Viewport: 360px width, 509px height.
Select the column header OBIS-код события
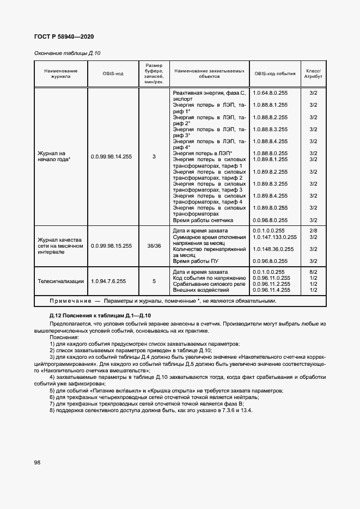click(274, 73)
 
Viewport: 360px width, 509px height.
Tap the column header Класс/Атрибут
click(313, 73)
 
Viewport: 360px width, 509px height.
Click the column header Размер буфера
click(154, 73)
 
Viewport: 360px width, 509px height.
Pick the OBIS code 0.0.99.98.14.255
click(111, 157)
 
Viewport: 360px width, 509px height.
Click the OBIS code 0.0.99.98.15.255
click(111, 246)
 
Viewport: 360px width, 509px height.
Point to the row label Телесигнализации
click(60, 281)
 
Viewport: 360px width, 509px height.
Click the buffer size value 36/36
click(154, 246)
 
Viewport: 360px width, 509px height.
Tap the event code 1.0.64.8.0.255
click(270, 93)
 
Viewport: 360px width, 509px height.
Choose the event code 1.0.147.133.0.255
click(274, 237)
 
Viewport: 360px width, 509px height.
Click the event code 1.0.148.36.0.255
click(273, 249)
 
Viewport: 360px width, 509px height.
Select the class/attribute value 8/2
click(313, 272)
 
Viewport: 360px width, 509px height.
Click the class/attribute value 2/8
click(313, 231)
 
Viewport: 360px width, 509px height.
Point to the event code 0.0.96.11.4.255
click(271, 290)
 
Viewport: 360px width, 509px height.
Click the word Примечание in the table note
click(66, 301)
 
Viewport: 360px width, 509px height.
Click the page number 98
click(37, 462)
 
